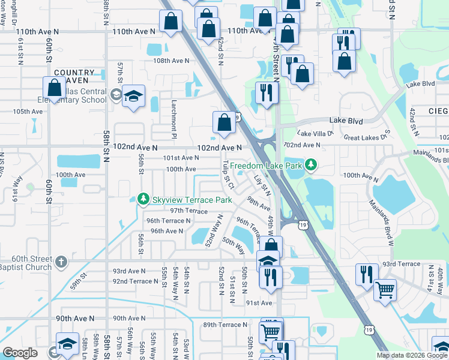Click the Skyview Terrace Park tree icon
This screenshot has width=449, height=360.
(x=143, y=199)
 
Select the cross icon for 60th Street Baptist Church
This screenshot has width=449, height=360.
(x=61, y=262)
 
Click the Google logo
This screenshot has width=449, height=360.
(x=20, y=353)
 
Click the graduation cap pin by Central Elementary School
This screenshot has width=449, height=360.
(x=133, y=95)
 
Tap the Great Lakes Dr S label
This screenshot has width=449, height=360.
(x=367, y=137)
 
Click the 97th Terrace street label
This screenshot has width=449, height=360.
(x=188, y=211)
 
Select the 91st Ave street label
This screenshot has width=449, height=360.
(x=259, y=303)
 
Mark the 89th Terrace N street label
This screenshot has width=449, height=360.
(x=225, y=325)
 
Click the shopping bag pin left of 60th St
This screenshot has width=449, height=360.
(x=54, y=88)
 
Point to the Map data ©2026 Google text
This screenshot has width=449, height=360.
(x=412, y=355)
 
